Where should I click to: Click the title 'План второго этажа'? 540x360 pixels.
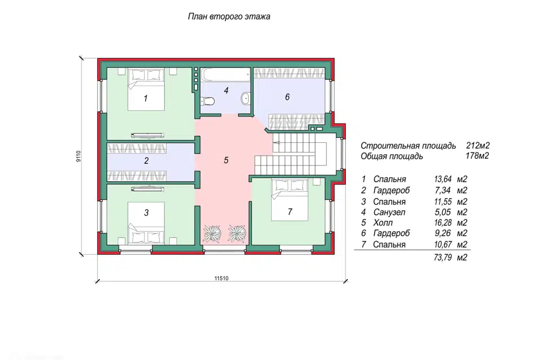(x=229, y=16)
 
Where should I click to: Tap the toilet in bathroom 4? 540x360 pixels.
(x=208, y=101)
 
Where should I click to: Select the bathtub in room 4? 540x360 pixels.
(x=226, y=75)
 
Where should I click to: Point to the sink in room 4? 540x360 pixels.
(x=245, y=98)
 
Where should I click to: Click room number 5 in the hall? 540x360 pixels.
(x=226, y=160)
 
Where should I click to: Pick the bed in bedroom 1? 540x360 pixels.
(x=146, y=89)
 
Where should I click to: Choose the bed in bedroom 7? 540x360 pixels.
(x=290, y=200)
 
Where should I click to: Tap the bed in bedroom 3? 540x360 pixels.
(x=146, y=223)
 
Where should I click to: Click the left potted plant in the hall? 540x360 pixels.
(x=211, y=233)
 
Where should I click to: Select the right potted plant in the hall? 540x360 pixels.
(x=237, y=233)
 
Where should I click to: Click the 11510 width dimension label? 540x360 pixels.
(x=222, y=278)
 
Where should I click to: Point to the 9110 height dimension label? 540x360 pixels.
(x=79, y=156)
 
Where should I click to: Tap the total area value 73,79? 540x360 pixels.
(x=443, y=257)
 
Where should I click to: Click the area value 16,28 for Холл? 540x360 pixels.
(x=443, y=223)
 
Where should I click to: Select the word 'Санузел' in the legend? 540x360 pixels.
(x=389, y=212)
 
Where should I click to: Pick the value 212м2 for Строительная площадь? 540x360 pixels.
(x=478, y=146)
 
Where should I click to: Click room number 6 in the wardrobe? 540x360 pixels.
(x=287, y=97)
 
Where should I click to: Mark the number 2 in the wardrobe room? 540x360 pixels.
(x=146, y=160)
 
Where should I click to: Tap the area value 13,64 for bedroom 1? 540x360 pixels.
(x=443, y=179)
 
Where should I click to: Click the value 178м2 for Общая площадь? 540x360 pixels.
(x=478, y=156)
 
